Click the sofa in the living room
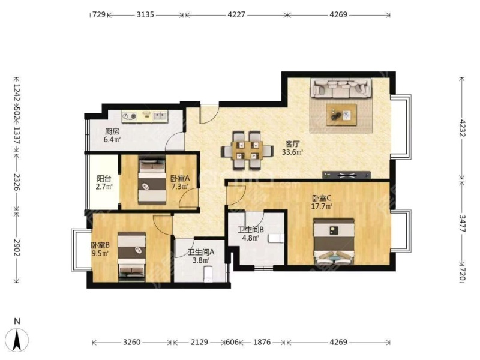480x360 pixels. point(341,88)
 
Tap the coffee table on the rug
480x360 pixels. point(341,115)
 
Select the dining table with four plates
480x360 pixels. point(247,151)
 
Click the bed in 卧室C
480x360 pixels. point(334,241)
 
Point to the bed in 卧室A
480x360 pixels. point(152,181)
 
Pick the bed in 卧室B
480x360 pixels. point(131,257)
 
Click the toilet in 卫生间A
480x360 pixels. point(208,274)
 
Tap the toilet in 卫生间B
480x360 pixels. point(276,238)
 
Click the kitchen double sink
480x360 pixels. point(160,116)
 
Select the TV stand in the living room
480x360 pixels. point(347,175)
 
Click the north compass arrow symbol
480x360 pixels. point(18,339)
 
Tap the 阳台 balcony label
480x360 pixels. point(104,178)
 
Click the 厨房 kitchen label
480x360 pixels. point(112,131)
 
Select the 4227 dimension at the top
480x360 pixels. point(236,14)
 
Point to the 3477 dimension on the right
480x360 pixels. point(462,224)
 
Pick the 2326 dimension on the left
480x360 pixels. point(17,182)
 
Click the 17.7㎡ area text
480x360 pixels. point(322,206)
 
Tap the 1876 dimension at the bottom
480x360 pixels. point(262,342)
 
